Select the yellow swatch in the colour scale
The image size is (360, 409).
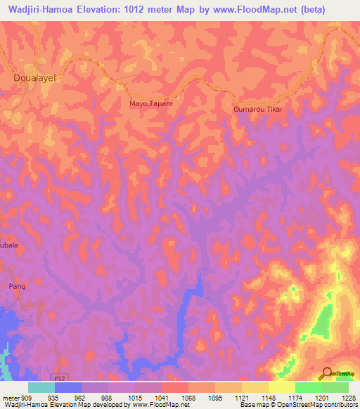(281, 387)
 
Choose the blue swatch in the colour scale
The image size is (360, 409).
(67, 387)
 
